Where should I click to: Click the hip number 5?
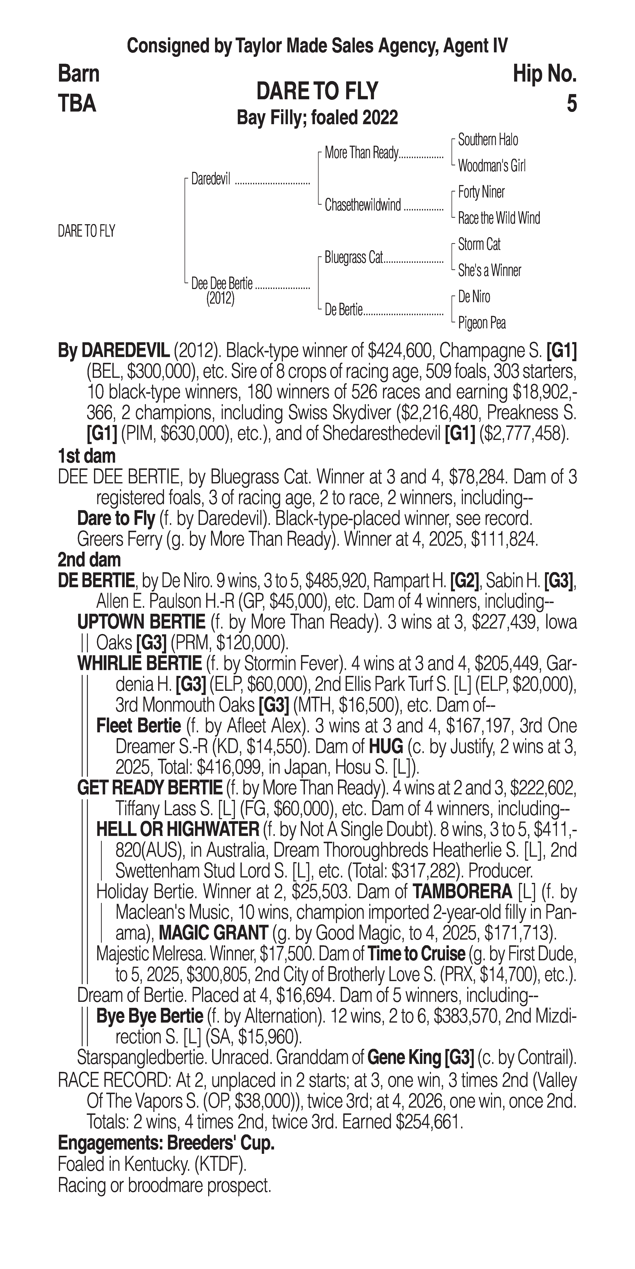click(x=571, y=104)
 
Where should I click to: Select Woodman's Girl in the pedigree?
click(x=491, y=166)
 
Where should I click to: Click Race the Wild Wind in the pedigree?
click(x=499, y=218)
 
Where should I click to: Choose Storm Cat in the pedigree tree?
click(x=479, y=244)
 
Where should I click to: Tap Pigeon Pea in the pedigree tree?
click(x=481, y=323)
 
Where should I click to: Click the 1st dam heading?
click(x=87, y=456)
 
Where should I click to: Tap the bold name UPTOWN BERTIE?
click(x=141, y=623)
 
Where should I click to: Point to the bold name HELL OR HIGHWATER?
click(x=178, y=830)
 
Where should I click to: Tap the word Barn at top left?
click(x=79, y=74)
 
